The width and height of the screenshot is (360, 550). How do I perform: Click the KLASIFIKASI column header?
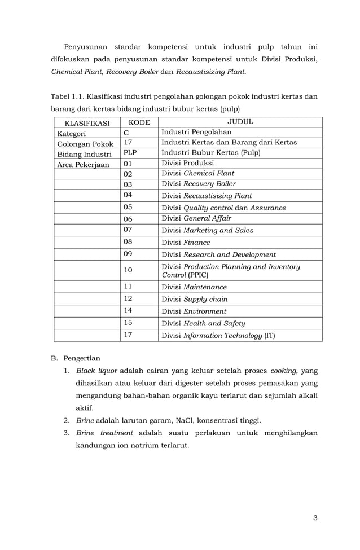(x=87, y=122)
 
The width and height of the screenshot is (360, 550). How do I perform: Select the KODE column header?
(x=139, y=122)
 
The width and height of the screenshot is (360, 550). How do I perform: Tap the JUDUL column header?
(x=240, y=122)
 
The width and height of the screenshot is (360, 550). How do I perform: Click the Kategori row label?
(x=71, y=134)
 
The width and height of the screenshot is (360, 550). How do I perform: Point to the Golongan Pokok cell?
(x=84, y=144)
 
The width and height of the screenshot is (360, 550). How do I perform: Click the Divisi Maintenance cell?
(x=194, y=287)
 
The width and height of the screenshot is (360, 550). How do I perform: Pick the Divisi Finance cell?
(x=186, y=243)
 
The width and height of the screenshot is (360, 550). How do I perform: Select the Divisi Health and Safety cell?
(x=203, y=323)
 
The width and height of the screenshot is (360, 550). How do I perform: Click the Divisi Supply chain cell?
(x=195, y=299)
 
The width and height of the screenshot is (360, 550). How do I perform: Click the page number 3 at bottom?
(x=315, y=517)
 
